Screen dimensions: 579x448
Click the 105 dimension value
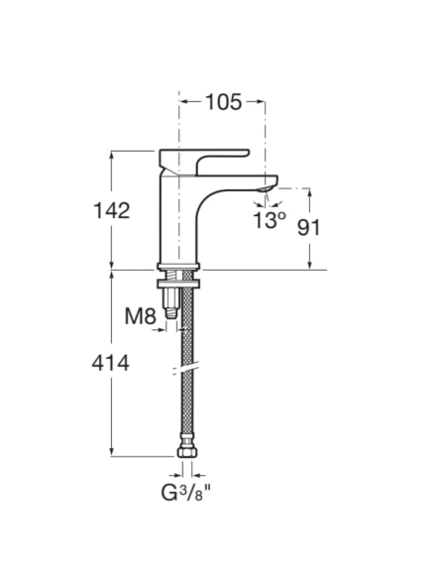[223, 102]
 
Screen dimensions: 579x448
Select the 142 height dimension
[111, 210]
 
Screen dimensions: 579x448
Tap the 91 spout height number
[309, 226]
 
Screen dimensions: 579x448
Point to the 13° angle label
[268, 220]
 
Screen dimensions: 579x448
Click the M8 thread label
[141, 317]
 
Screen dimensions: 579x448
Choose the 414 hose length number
[111, 364]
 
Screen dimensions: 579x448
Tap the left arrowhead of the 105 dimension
[183, 102]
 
